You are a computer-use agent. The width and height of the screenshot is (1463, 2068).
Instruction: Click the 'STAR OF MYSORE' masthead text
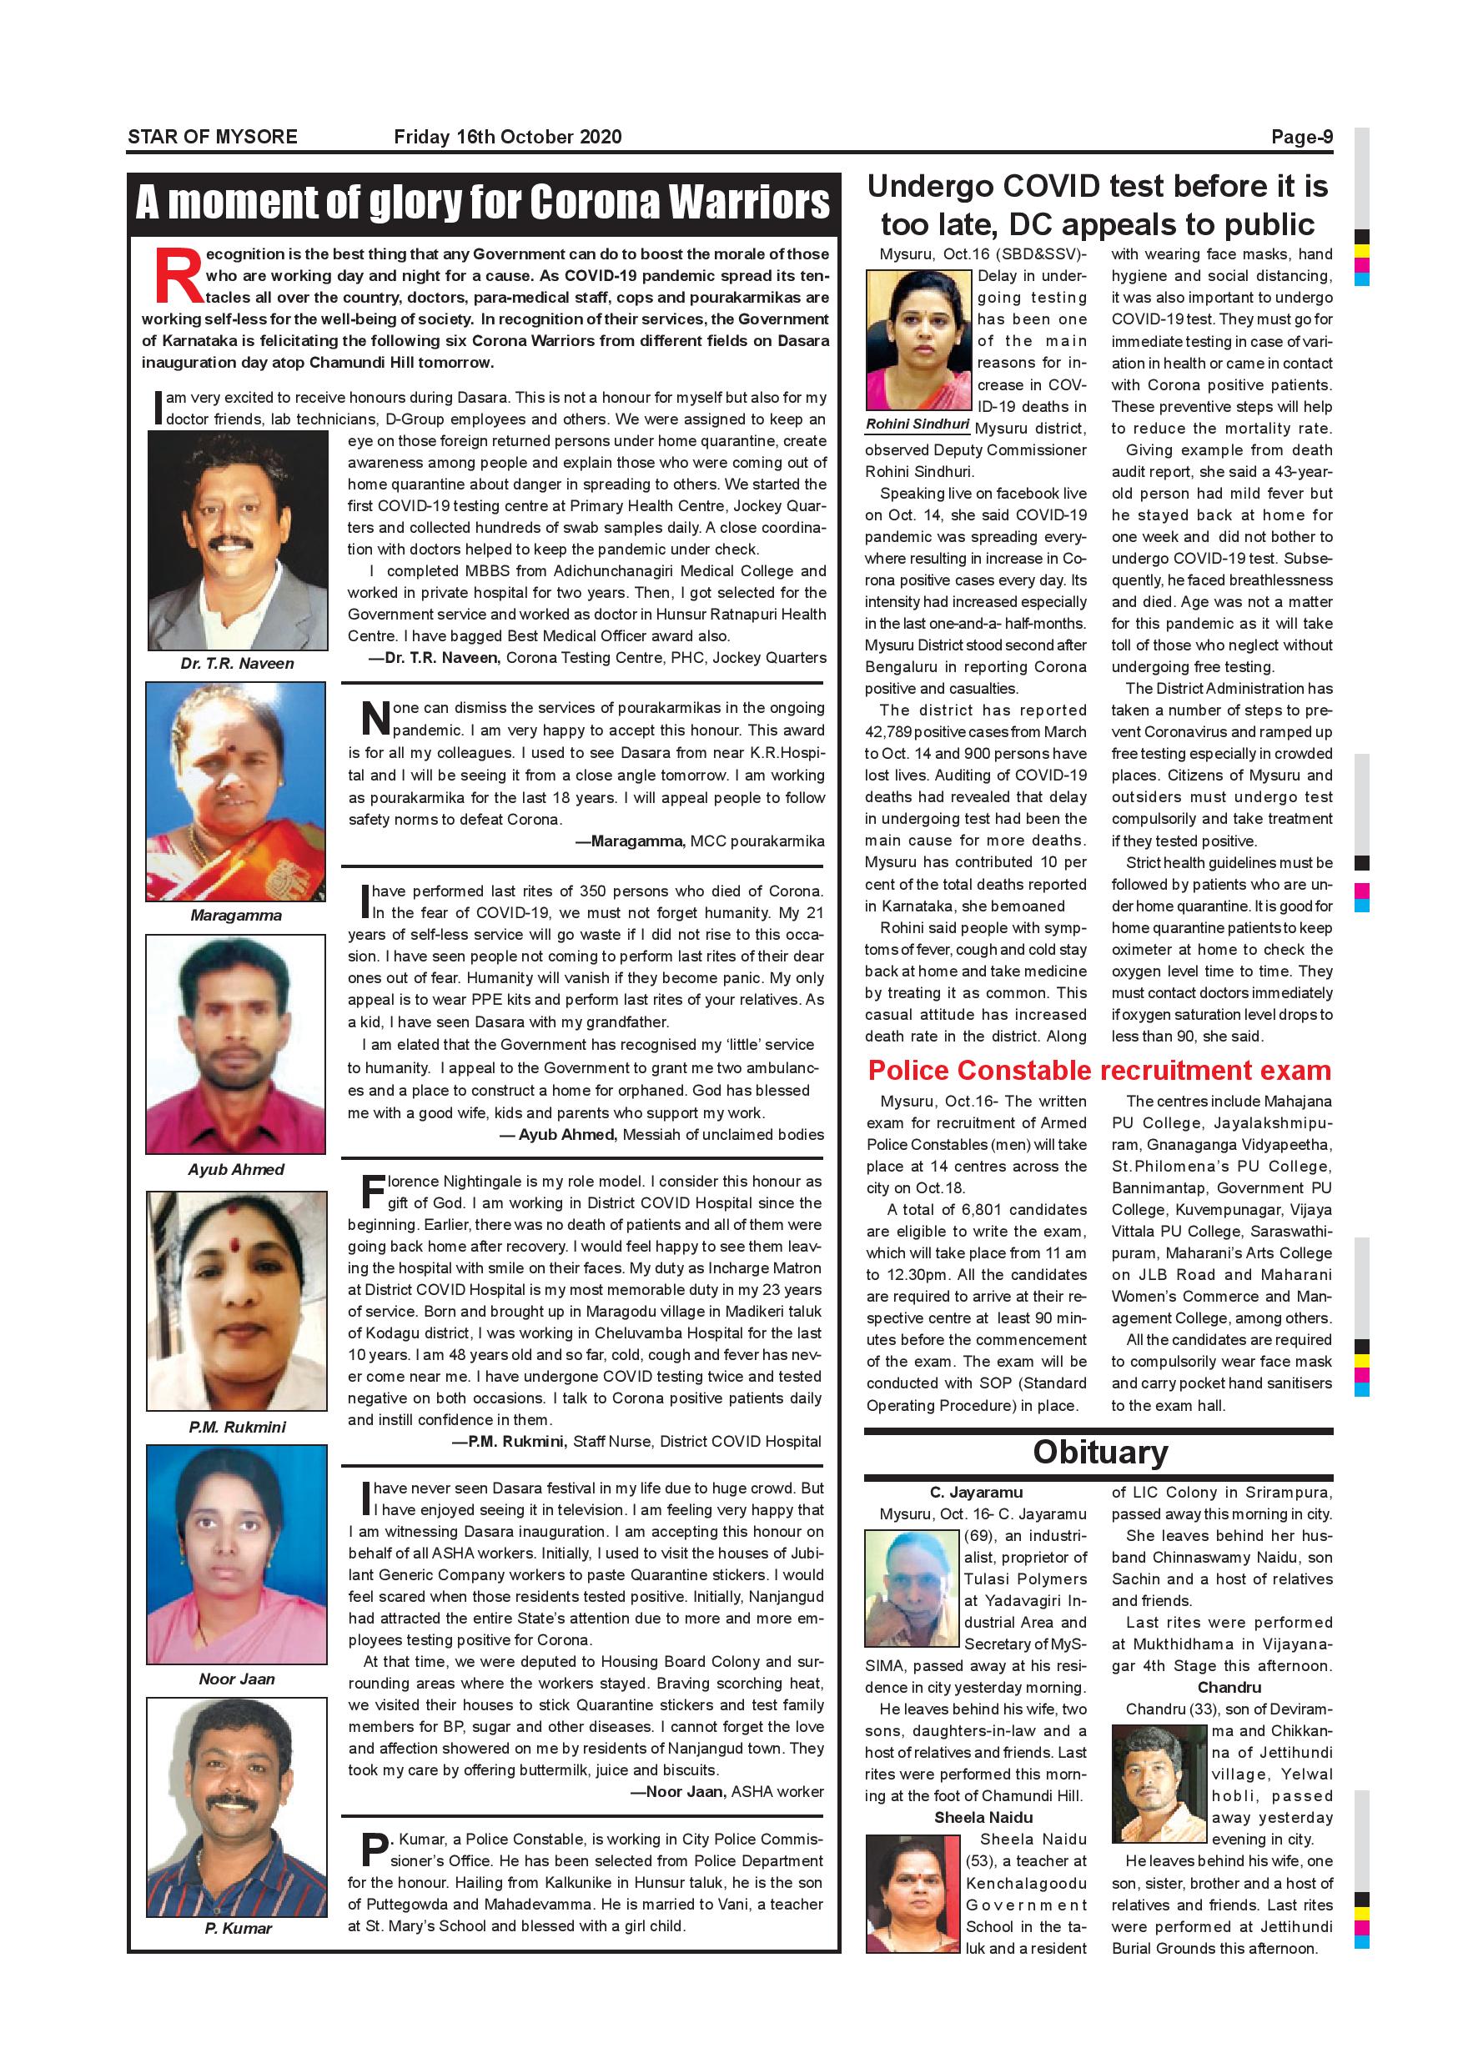point(213,137)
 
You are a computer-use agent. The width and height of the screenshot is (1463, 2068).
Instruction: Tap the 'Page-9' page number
point(1302,137)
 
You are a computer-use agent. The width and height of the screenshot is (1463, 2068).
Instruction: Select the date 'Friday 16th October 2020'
point(507,137)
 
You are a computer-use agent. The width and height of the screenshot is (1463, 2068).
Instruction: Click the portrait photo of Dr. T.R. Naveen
point(237,540)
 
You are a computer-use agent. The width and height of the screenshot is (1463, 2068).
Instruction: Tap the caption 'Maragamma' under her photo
point(236,915)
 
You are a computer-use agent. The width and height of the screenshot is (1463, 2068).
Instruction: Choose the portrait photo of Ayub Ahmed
point(236,1044)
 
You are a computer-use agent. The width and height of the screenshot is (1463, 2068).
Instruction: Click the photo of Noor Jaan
point(237,1554)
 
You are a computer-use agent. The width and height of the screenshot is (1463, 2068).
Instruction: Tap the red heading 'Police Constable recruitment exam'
point(1099,1070)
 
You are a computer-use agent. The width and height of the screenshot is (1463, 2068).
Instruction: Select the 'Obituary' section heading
point(1100,1452)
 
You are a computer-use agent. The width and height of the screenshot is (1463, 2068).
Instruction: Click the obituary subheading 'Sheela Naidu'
point(983,1818)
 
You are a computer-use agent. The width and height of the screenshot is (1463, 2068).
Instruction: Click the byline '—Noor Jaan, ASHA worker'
point(728,1791)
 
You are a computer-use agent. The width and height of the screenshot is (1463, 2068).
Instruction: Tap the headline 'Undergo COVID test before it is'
point(1098,187)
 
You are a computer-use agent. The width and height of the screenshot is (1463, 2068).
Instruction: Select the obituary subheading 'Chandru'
point(1229,1687)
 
